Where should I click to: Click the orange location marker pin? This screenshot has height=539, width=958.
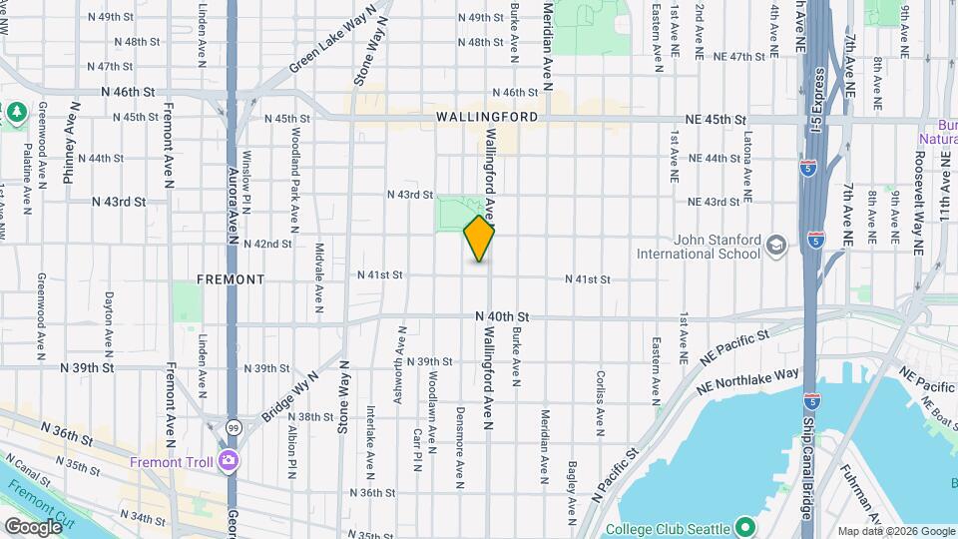tap(480, 239)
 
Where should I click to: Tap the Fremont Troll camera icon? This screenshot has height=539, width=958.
tap(229, 461)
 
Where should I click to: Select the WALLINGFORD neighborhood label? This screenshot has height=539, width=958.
tap(487, 117)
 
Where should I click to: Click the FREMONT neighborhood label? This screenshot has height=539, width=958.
tap(231, 279)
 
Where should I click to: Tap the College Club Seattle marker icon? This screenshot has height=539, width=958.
tap(744, 525)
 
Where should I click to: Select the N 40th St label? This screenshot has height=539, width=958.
tap(501, 316)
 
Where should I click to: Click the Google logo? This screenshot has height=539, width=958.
tap(33, 526)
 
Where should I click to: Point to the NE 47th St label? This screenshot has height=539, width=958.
tap(731, 57)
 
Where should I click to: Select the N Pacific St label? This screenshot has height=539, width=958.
tap(615, 475)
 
